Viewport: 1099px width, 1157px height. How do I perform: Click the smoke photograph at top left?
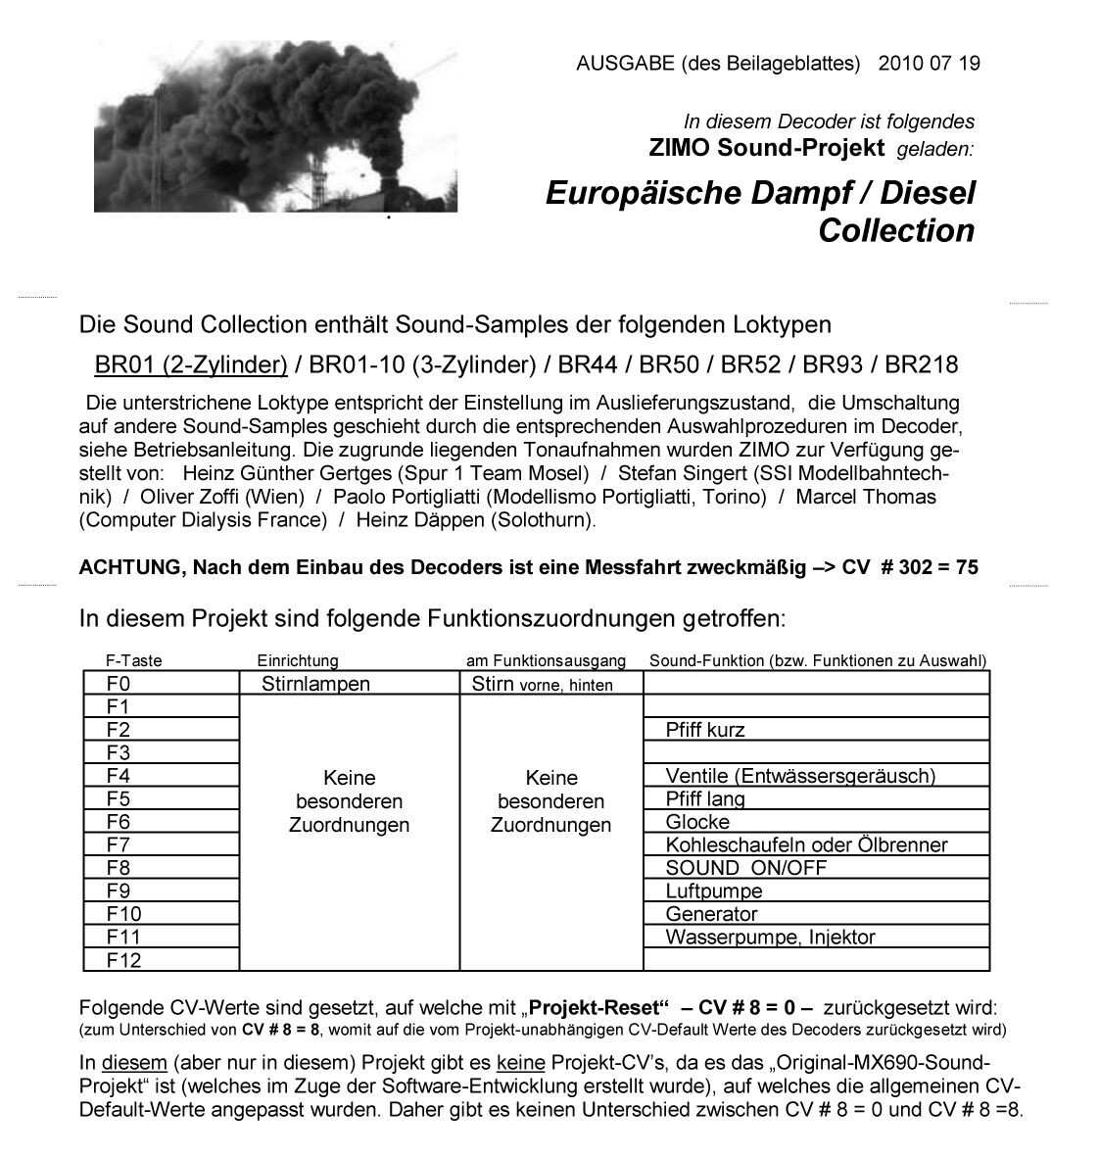coord(275,126)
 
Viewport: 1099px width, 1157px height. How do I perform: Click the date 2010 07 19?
coord(929,64)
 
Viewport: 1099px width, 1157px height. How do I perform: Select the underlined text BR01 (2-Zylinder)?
coord(191,365)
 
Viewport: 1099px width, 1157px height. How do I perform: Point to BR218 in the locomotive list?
coord(921,365)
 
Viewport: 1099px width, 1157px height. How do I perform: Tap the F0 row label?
coord(119,684)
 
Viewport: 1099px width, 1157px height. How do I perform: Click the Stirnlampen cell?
coord(315,684)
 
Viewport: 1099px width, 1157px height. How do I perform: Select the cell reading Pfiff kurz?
coord(705,730)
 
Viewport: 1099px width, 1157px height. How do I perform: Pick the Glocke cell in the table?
coord(697,822)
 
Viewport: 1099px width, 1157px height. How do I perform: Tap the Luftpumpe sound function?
coord(713,892)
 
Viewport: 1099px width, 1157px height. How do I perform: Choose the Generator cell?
coord(711,914)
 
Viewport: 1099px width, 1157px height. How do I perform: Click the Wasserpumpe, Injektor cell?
coord(770,938)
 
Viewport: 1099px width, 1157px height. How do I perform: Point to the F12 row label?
coord(123,960)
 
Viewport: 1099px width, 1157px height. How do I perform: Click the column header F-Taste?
coord(134,660)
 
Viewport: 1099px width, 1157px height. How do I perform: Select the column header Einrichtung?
coord(297,660)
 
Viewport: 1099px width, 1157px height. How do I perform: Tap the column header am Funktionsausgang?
coord(552,660)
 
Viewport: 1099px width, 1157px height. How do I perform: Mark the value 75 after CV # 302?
coord(967,567)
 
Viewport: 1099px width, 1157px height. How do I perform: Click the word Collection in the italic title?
coord(896,231)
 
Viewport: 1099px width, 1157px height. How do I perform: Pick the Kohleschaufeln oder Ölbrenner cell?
coord(806,844)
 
